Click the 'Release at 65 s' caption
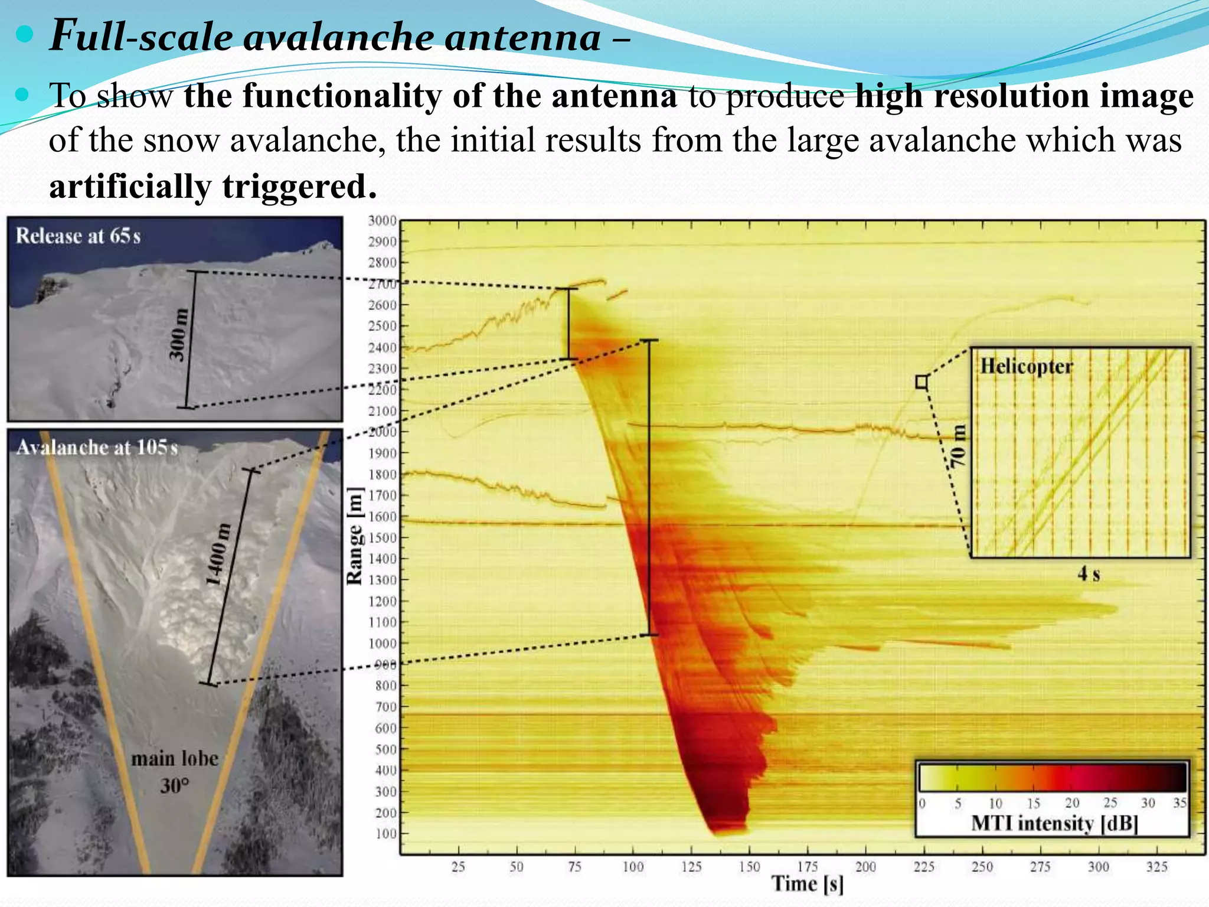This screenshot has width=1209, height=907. [78, 236]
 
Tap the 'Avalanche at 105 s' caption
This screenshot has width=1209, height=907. [97, 447]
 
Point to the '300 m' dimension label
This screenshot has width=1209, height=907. [178, 335]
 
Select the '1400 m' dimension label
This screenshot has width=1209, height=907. [218, 554]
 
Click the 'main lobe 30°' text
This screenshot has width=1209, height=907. [175, 771]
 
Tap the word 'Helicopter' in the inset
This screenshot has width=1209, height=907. [1027, 366]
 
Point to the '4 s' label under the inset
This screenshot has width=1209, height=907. [1089, 573]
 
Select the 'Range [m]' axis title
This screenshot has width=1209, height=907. [354, 536]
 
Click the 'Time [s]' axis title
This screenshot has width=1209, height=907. [808, 883]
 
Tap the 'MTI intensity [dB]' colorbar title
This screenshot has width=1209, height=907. [1054, 823]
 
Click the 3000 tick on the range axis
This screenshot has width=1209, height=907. [383, 221]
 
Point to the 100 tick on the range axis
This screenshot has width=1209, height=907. [386, 834]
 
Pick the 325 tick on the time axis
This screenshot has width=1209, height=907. [1156, 867]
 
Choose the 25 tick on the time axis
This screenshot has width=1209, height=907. [458, 867]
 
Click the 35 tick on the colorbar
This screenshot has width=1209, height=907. [1179, 803]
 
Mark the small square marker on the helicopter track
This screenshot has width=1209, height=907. [922, 382]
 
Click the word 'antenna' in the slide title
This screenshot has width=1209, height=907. [522, 37]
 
